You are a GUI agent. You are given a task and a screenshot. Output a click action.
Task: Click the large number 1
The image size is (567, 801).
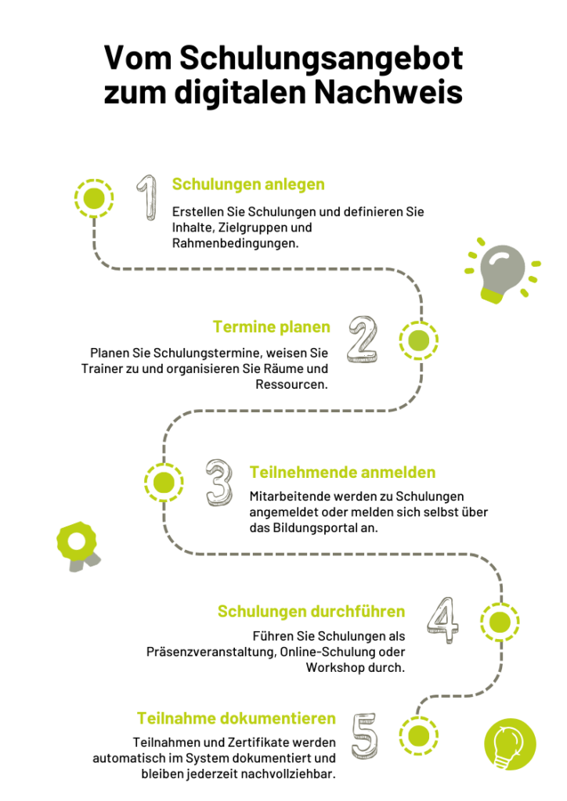click(x=147, y=197)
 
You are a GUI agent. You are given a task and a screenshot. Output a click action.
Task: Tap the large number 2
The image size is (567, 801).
click(x=363, y=340)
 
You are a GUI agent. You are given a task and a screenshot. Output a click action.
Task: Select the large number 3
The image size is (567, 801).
click(x=220, y=483)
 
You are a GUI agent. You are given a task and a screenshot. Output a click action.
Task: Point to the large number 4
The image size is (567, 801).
click(x=443, y=621)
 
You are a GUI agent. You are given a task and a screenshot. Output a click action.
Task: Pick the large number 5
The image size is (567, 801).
click(x=365, y=736)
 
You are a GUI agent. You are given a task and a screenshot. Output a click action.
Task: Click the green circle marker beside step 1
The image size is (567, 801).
click(x=94, y=198)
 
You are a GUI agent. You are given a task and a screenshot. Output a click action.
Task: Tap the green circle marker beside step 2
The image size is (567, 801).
click(x=418, y=340)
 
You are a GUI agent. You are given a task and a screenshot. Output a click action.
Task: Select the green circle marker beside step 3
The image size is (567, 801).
click(x=164, y=483)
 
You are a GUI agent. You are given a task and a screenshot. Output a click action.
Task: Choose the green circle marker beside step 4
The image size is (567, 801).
click(x=500, y=622)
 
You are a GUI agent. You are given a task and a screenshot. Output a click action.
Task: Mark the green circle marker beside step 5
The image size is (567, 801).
click(x=418, y=736)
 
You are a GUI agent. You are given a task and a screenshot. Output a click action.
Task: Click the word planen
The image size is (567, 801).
click(x=305, y=328)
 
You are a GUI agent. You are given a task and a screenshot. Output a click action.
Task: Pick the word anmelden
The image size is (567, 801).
click(x=399, y=472)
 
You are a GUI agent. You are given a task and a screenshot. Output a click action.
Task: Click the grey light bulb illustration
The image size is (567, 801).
click(x=500, y=274)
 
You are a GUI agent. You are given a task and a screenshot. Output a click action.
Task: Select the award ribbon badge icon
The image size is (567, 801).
click(x=78, y=544)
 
